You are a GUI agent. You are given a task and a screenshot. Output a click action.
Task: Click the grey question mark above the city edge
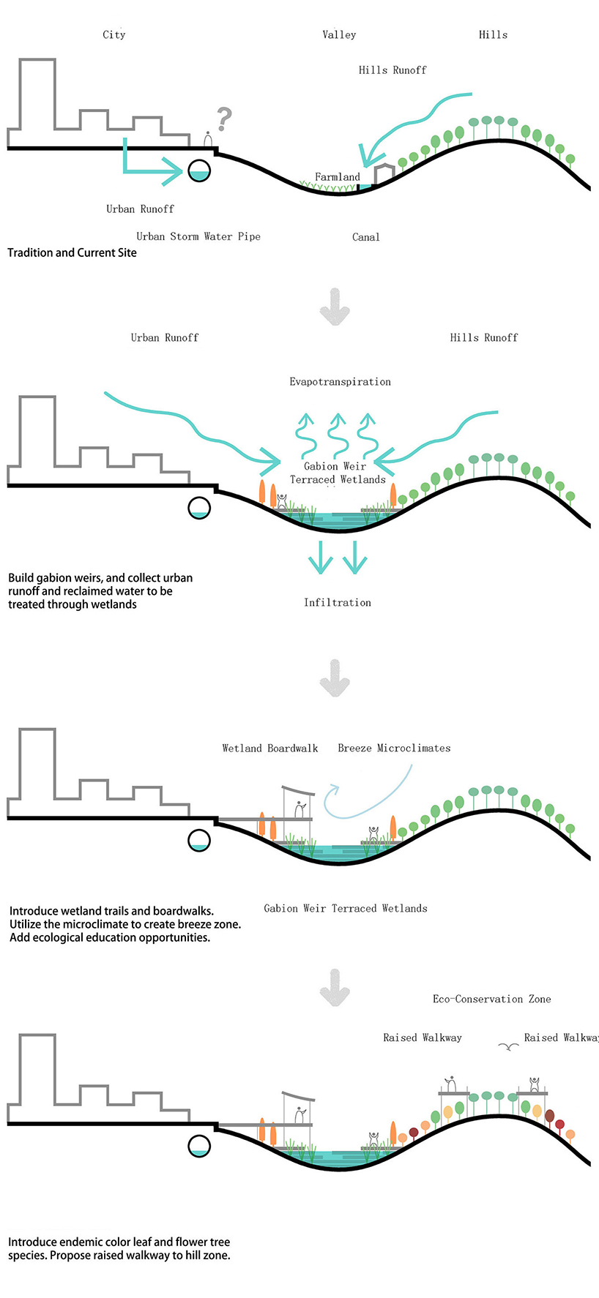(224, 119)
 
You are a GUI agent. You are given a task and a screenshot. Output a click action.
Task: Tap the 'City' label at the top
(114, 34)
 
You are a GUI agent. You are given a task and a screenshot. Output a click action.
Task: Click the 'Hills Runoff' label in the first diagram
(392, 70)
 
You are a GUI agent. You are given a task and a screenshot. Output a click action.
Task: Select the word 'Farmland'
(338, 177)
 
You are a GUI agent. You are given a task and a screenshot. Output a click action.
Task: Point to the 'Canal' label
(365, 237)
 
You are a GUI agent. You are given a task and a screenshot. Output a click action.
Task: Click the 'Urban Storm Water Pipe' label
(198, 236)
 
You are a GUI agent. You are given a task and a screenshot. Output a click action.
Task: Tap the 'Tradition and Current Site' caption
(72, 252)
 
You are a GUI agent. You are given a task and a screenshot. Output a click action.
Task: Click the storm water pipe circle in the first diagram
(199, 170)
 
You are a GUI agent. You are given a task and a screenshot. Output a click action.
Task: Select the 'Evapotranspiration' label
(340, 382)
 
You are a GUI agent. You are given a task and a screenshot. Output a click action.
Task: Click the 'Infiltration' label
(338, 603)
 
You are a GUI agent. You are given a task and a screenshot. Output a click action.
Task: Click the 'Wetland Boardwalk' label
(270, 749)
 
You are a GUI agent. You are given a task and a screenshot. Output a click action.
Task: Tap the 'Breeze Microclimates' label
(394, 749)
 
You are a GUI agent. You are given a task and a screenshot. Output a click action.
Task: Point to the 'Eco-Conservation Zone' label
(491, 999)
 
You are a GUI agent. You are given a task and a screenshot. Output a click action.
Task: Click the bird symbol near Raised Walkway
(508, 1047)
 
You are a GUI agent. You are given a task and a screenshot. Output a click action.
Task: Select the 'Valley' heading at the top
(339, 34)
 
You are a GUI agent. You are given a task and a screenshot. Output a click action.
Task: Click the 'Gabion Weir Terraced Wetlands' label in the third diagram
(345, 909)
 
